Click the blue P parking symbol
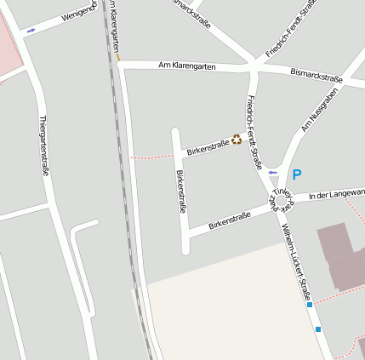297,174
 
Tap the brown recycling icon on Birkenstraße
237,140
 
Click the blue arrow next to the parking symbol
273,173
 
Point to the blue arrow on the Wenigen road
31,31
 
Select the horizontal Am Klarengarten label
186,66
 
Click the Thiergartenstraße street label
43,146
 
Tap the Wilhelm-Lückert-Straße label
296,263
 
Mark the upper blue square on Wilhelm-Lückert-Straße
311,304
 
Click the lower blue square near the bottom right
318,329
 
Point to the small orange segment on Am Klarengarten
118,58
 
